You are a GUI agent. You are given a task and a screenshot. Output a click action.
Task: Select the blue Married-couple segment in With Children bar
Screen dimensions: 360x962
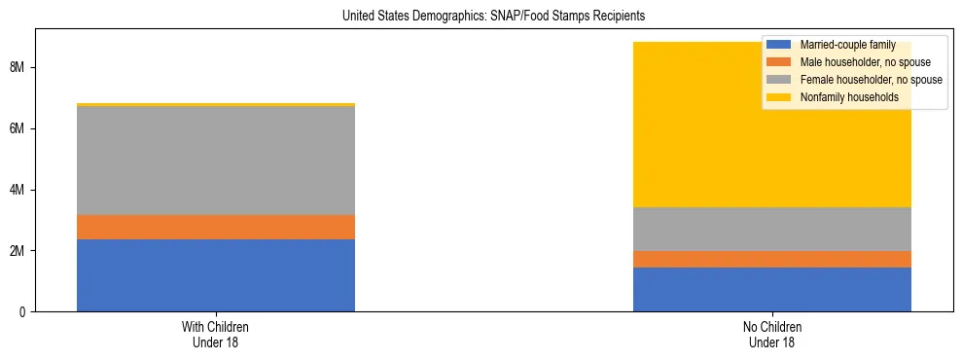point(216,275)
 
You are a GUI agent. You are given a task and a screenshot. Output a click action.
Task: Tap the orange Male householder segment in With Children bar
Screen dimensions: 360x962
point(216,227)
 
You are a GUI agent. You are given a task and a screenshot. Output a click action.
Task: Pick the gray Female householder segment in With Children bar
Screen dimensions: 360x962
point(216,161)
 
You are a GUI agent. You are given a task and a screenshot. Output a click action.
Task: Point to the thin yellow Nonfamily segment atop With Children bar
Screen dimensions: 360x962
point(216,104)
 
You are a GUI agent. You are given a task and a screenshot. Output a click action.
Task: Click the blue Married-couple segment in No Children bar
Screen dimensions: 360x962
point(771,289)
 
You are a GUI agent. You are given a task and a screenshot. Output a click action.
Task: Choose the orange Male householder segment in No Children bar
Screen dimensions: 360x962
point(771,259)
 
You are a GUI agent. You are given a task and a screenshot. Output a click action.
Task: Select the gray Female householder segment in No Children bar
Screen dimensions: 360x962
point(771,229)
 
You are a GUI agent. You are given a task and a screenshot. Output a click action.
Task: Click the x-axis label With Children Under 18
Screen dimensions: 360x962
point(216,335)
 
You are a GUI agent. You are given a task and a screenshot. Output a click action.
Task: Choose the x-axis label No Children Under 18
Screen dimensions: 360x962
point(771,335)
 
